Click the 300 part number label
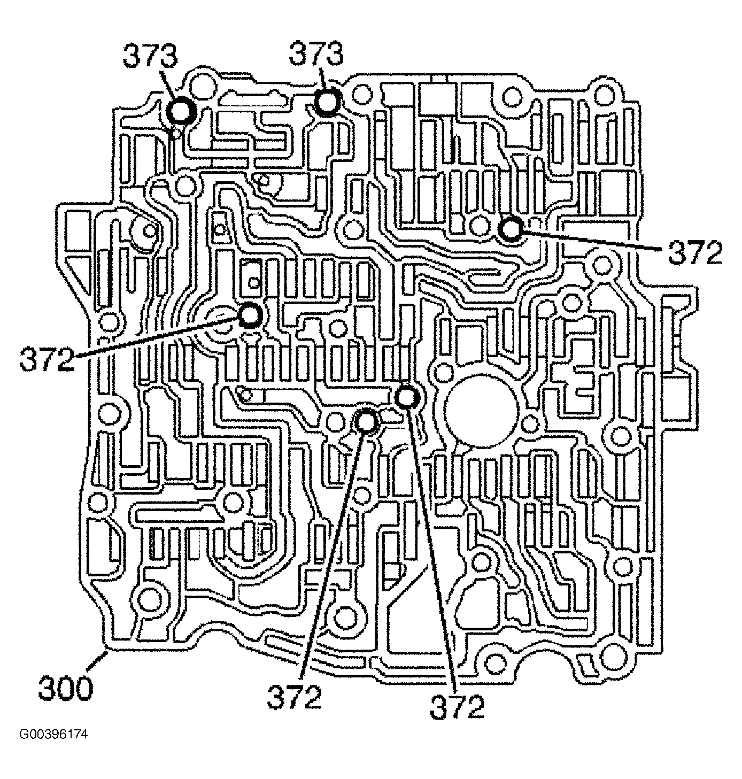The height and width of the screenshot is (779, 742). (x=66, y=688)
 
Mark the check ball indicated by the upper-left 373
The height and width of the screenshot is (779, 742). (x=181, y=112)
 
